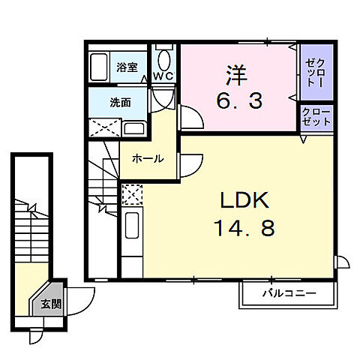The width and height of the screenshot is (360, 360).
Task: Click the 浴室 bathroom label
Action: (x=127, y=67)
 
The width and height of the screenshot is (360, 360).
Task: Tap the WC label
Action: (x=163, y=76)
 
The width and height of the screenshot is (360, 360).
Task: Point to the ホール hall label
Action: (x=148, y=159)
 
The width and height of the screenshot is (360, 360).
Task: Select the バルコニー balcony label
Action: (x=289, y=292)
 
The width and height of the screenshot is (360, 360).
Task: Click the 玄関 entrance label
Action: (x=51, y=304)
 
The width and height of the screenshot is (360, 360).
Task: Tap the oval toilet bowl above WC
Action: (x=165, y=58)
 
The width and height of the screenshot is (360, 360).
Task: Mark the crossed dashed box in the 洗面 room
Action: (x=104, y=127)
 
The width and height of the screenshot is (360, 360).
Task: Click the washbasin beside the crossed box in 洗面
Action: (x=135, y=128)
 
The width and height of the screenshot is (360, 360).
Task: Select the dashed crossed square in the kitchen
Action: (x=130, y=194)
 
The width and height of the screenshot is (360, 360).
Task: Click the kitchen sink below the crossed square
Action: (x=131, y=226)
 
